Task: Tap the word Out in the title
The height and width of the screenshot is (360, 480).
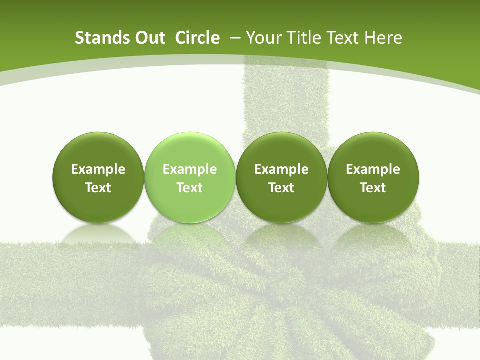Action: pyautogui.click(x=149, y=38)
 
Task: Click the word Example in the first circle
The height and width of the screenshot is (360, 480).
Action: pyautogui.click(x=98, y=169)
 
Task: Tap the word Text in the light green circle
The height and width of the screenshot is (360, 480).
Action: pyautogui.click(x=189, y=188)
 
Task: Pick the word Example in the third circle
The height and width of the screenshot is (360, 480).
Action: pyautogui.click(x=281, y=169)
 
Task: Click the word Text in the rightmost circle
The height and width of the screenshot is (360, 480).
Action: pyautogui.click(x=373, y=188)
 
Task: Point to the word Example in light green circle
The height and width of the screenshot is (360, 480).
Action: pyautogui.click(x=189, y=169)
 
